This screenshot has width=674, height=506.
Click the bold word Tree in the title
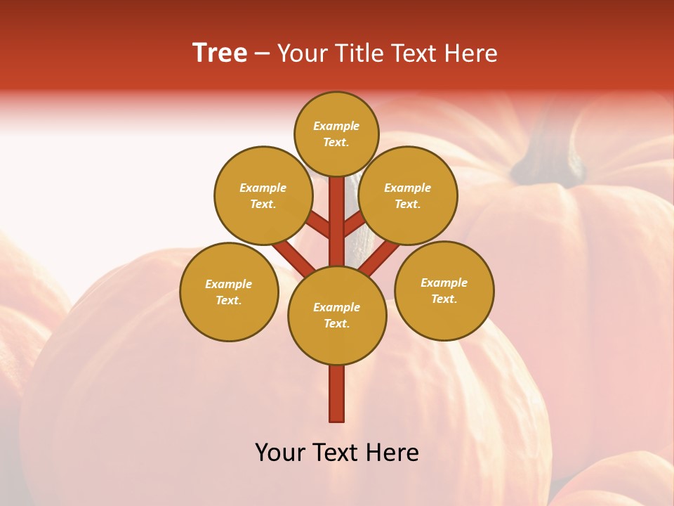(x=220, y=53)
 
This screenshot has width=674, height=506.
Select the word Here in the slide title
(x=471, y=53)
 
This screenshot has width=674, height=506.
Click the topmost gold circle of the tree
(x=336, y=134)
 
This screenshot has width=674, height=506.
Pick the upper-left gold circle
(x=263, y=195)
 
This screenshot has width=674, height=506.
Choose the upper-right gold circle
(x=408, y=195)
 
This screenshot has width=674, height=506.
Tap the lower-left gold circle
(x=229, y=292)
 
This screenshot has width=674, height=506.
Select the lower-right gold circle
(x=444, y=290)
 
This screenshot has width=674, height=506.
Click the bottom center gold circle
(x=337, y=316)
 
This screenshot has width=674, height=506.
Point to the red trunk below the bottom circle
(x=337, y=394)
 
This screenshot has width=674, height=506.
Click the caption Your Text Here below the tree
(x=337, y=453)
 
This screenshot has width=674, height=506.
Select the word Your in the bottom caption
(x=280, y=453)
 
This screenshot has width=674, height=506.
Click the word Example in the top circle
(x=336, y=126)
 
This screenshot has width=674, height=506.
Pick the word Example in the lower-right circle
(x=444, y=283)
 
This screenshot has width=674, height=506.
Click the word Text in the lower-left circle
(x=227, y=301)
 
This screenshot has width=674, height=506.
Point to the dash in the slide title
(x=262, y=54)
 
